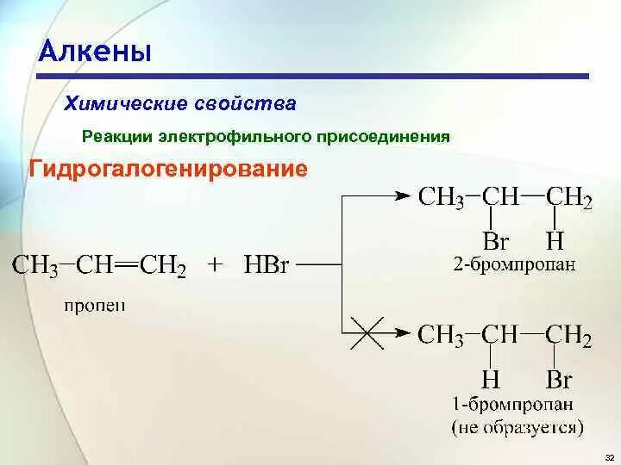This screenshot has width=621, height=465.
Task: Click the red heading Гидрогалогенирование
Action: click(x=168, y=168)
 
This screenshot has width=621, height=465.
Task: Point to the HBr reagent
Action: click(x=267, y=264)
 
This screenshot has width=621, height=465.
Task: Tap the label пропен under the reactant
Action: click(x=94, y=306)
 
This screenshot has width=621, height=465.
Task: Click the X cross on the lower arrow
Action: click(x=367, y=332)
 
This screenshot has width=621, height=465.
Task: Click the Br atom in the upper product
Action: click(x=496, y=240)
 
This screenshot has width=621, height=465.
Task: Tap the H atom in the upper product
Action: click(x=553, y=240)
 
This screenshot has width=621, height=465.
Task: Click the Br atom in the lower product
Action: click(x=558, y=380)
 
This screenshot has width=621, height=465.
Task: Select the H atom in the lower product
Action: click(x=491, y=380)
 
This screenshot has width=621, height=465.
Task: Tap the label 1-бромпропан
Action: click(x=514, y=404)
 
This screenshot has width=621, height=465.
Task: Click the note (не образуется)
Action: click(x=517, y=426)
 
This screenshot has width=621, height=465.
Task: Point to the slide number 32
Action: click(x=609, y=456)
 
